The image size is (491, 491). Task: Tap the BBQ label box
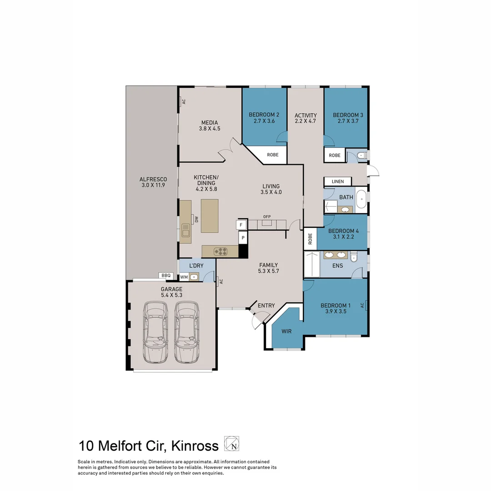click(165, 275)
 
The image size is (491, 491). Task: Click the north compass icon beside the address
click(232, 444)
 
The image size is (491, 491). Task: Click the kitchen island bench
click(210, 216)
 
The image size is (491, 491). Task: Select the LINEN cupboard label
click(338, 181)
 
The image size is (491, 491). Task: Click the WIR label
click(286, 331)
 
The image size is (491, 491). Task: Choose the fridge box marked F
click(241, 225)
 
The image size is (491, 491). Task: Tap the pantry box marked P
click(243, 238)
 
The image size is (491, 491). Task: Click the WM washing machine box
click(184, 276)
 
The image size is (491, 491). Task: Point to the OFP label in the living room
click(267, 217)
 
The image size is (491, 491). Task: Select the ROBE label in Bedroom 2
click(273, 155)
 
